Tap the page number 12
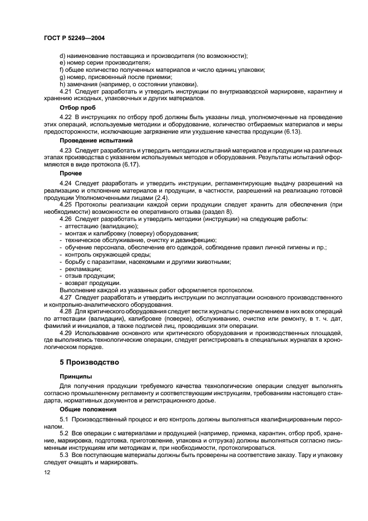[46, 471]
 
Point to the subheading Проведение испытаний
[93, 141]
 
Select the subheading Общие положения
[87, 409]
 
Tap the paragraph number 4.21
[66, 90]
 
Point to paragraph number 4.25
[66, 204]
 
